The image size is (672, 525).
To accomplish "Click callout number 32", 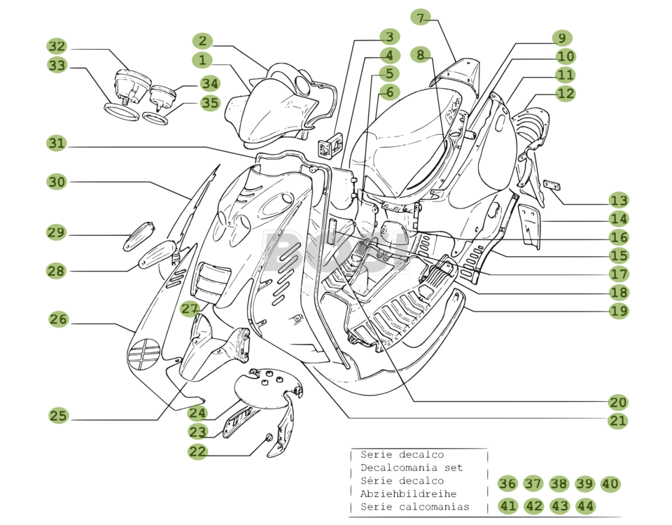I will click(x=57, y=47).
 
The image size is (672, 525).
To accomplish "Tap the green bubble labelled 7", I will click(x=420, y=17).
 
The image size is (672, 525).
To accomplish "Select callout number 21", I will click(x=618, y=421).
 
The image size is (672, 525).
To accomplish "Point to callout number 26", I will click(x=59, y=319).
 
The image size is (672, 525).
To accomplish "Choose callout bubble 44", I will click(x=585, y=505).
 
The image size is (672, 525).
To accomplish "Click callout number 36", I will click(x=507, y=484).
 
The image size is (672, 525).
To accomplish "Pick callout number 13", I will click(x=618, y=201).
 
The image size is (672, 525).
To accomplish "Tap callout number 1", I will click(x=202, y=61).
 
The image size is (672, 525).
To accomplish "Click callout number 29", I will click(x=56, y=232).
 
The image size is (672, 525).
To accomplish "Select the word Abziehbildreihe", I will click(x=408, y=493).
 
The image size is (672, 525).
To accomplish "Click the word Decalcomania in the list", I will click(x=390, y=468).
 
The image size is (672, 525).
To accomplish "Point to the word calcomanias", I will click(x=435, y=507).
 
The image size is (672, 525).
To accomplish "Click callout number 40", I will click(x=610, y=484).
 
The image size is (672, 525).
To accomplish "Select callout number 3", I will click(x=390, y=36).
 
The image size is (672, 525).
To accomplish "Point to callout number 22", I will click(x=198, y=451).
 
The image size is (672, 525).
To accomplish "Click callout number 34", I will click(x=209, y=84).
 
